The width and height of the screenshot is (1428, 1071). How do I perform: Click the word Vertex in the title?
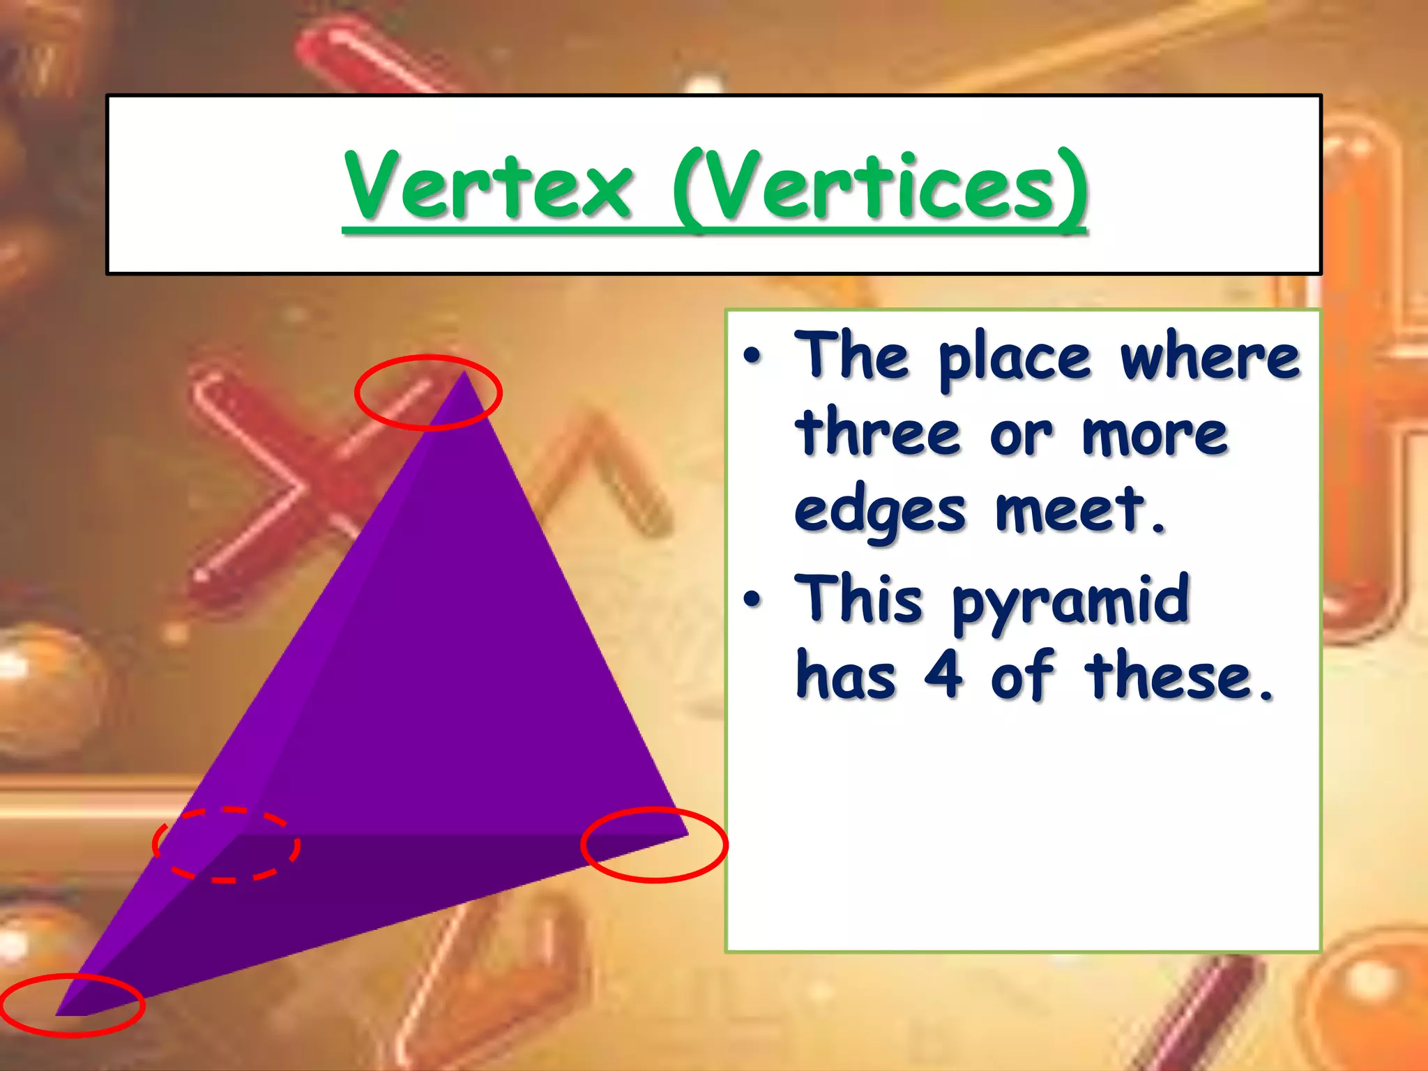point(488,185)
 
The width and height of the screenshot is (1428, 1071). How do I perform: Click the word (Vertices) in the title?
point(880,185)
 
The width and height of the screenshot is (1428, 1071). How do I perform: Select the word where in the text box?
point(1210,357)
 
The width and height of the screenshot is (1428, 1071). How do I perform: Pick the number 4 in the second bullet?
point(943,674)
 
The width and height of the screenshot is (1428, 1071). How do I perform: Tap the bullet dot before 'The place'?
point(752,356)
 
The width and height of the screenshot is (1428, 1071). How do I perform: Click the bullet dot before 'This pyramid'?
point(752,599)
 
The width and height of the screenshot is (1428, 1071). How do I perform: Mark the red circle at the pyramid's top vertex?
point(428,393)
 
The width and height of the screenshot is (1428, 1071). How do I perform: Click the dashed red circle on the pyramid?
point(227,845)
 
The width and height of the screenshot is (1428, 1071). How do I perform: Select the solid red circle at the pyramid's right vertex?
point(654,845)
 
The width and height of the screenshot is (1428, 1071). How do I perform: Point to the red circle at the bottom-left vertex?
point(73,1005)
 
